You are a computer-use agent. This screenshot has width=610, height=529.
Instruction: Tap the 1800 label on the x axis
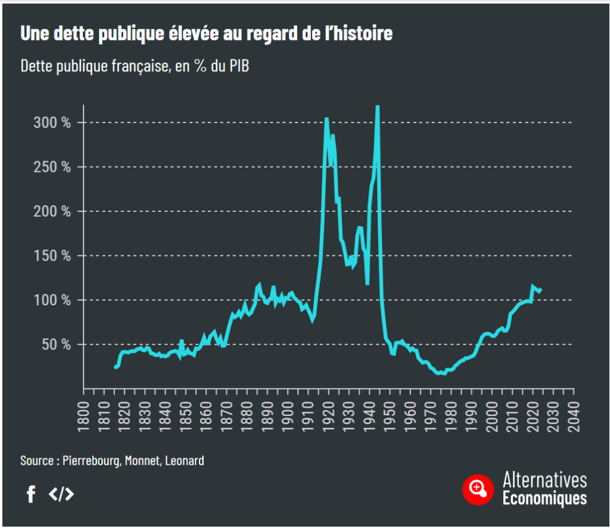click(83, 413)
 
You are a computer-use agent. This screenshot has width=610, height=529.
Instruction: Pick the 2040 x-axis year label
click(573, 413)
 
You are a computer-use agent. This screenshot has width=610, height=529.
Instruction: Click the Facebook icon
click(31, 494)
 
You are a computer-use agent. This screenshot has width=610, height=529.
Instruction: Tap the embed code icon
click(61, 494)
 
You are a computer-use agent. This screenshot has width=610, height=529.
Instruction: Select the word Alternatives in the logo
click(544, 480)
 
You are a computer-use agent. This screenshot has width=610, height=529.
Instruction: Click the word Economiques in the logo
click(544, 498)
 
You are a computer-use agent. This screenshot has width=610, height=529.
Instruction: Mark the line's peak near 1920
click(326, 118)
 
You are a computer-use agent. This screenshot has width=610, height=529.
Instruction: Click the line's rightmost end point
click(540, 290)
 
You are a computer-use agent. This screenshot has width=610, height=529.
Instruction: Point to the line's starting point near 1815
click(115, 367)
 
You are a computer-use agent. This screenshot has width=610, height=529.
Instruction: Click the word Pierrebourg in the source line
click(89, 461)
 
